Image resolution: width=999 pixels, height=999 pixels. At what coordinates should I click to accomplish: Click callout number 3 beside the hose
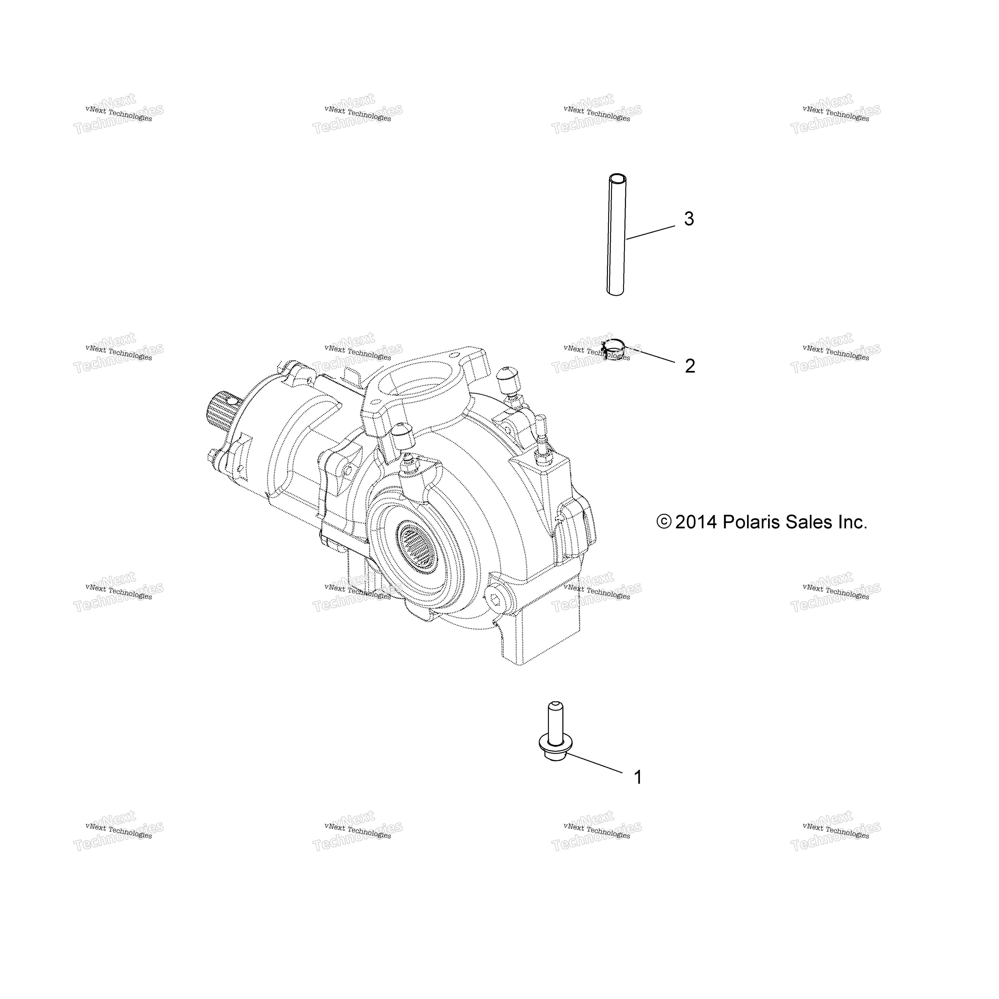[x=689, y=219]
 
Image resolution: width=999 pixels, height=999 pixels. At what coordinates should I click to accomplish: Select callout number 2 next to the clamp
[x=690, y=366]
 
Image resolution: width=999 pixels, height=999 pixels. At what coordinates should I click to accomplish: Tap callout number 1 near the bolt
[x=638, y=792]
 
